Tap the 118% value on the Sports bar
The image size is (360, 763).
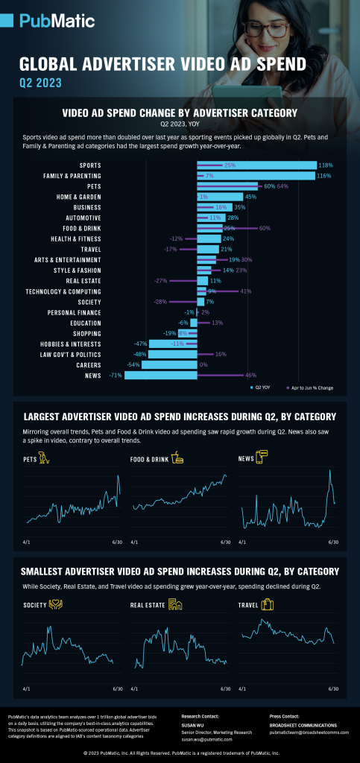click(325, 165)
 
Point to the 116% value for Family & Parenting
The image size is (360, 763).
click(323, 175)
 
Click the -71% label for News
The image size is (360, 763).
click(116, 376)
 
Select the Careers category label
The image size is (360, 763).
click(88, 365)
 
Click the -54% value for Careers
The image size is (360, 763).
click(133, 365)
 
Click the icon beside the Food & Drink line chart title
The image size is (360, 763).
click(177, 459)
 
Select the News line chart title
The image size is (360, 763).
click(245, 460)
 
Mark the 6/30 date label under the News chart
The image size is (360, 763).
click(333, 542)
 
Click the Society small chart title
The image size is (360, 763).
click(34, 605)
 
